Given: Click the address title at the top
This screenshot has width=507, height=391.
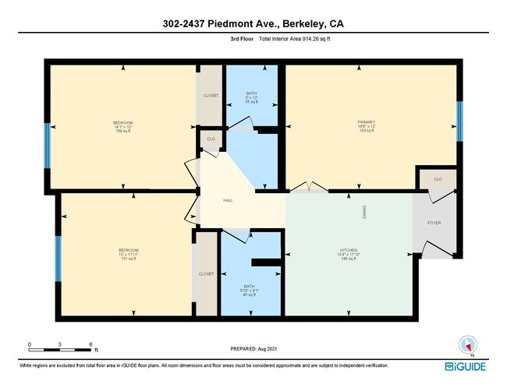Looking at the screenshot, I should coord(253,25).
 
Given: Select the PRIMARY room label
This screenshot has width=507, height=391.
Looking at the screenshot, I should coord(367,122).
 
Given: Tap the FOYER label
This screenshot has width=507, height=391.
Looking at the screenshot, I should coord(434,224).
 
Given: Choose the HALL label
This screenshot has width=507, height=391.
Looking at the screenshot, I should coord(229,200).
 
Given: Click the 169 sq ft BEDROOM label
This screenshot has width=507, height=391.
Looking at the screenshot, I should coord(122,122).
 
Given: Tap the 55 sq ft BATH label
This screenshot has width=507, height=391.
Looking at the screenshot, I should coord(251,93).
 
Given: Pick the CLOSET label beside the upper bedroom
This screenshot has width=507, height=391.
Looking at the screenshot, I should coord(211,95).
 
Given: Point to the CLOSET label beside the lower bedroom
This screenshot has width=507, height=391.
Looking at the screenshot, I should coord(206,274).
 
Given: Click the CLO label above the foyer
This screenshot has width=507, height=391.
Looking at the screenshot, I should coord(438,179).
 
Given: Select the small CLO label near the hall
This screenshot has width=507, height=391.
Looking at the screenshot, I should coord(211,139).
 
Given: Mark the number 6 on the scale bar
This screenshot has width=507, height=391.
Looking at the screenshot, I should coord(91,343).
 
